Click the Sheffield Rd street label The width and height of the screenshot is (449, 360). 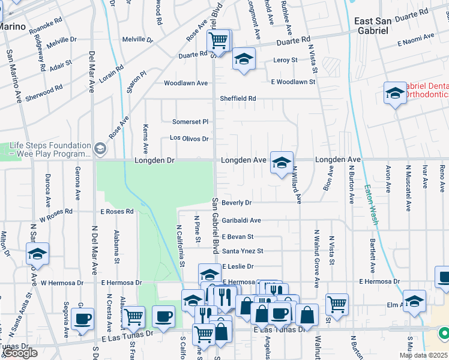[x=238, y=98]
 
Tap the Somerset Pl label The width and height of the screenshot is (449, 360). [x=190, y=121]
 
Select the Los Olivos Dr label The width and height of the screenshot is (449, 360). [x=188, y=139]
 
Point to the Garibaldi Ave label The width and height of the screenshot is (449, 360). [x=241, y=221]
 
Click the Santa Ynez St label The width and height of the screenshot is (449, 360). [x=243, y=251]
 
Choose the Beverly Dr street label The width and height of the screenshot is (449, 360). [x=237, y=203]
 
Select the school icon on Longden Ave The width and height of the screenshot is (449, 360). [x=281, y=162]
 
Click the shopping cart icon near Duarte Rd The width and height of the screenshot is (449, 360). [x=218, y=41]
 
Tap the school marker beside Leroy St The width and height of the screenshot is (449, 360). [x=244, y=59]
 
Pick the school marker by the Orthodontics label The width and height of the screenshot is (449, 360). [x=394, y=93]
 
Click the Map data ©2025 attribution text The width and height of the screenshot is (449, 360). [x=423, y=355]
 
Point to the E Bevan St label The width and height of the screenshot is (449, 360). [x=238, y=237]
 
